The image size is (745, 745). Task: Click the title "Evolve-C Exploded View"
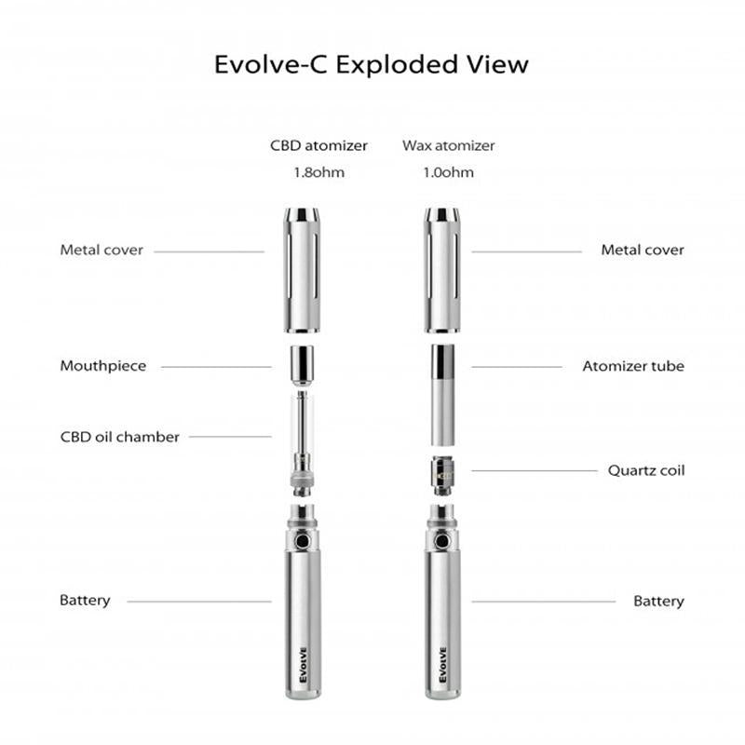372,65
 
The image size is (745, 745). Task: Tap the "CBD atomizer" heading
319,146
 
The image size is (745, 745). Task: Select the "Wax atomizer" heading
449,146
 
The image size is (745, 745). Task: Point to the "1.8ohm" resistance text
319,172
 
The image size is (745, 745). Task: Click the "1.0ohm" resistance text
449,172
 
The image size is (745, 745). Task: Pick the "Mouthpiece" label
103,366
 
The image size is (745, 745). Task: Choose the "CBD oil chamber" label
120,437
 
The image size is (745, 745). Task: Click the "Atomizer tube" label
633,366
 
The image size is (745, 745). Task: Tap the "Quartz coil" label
646,470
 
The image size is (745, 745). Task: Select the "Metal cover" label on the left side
102,251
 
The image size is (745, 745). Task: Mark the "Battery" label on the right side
658,602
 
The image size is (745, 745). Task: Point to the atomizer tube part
444,395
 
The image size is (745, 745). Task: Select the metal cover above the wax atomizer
444,270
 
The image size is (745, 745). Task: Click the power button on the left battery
301,540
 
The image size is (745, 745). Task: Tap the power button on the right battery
444,540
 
